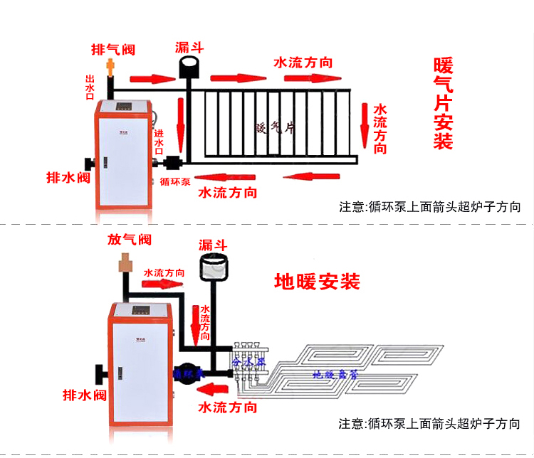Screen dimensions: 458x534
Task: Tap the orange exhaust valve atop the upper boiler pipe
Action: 110,68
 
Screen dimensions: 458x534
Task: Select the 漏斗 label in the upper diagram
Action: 189,48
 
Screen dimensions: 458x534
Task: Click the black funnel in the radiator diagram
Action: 189,69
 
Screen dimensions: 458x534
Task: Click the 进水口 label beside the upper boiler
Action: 159,136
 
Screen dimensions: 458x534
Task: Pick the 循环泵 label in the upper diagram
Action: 174,181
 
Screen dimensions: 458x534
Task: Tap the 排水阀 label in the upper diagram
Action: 68,177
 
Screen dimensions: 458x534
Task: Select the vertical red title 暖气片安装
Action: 443,103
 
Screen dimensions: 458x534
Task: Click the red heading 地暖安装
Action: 317,281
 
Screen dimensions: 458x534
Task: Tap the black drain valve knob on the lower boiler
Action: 99,373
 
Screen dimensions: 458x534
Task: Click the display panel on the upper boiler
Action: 125,108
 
